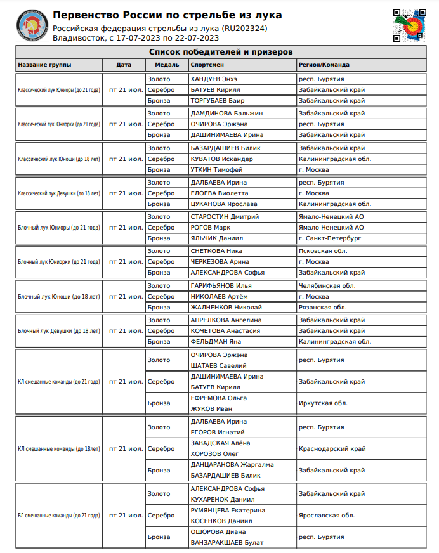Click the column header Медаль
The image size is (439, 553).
pos(158,65)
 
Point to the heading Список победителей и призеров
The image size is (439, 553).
pos(220,52)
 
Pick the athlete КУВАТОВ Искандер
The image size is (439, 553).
pos(221,159)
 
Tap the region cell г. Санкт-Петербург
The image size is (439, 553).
pos(329,238)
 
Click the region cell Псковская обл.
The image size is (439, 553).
pos(323,250)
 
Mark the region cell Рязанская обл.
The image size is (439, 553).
pos(322,308)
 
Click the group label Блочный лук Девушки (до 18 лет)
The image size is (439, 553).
pos(59,331)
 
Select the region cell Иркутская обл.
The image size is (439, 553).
pos(323,403)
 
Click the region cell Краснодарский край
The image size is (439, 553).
pos(332,448)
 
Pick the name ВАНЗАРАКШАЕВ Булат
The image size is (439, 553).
pos(226,542)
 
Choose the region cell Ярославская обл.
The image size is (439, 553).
pos(326,516)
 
